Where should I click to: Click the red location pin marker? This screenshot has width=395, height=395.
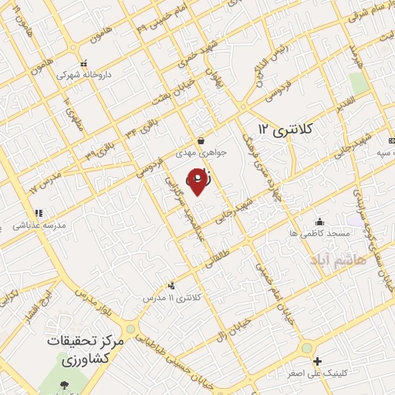point(198,181)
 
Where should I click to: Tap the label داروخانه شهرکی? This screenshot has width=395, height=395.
point(83,75)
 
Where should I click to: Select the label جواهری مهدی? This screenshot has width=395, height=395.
point(201,153)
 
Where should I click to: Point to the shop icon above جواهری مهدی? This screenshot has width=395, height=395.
point(201,141)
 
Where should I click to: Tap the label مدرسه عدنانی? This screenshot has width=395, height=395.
point(38,225)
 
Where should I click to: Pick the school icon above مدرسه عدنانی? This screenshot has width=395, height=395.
point(38,213)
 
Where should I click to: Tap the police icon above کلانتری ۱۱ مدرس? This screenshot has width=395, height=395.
point(171,285)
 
